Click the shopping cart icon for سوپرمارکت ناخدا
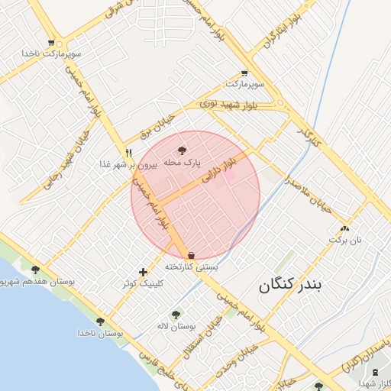coord(51,43)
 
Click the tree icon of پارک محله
coord(182,150)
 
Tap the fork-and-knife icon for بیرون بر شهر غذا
coord(128,153)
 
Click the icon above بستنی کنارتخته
coord(190,255)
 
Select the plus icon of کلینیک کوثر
coord(143,272)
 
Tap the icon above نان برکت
coord(344,228)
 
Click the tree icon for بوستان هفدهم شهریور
coord(35,269)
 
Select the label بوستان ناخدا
coord(100,334)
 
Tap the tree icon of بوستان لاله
coord(176,315)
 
